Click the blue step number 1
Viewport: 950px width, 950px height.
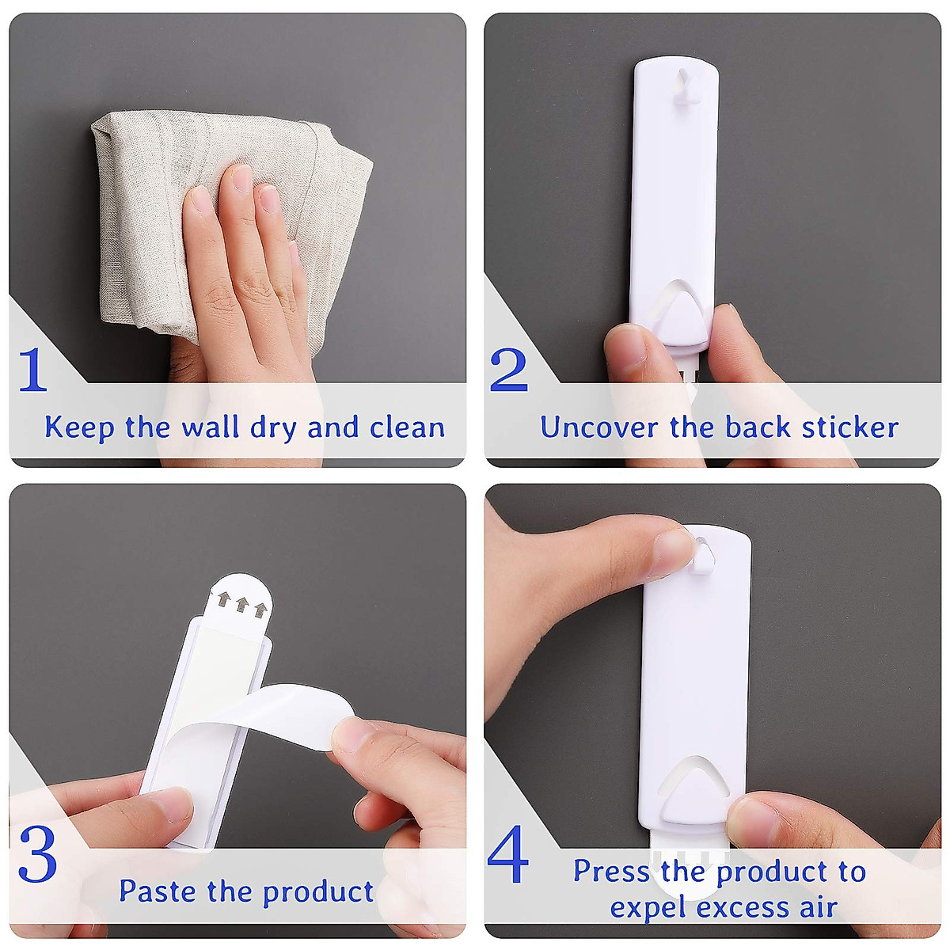tap(32, 369)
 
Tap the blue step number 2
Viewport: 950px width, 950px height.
tap(508, 369)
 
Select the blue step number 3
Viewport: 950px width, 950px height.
tap(37, 854)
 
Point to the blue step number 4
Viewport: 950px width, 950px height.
tap(508, 855)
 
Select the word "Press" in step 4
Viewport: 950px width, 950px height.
tap(612, 871)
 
